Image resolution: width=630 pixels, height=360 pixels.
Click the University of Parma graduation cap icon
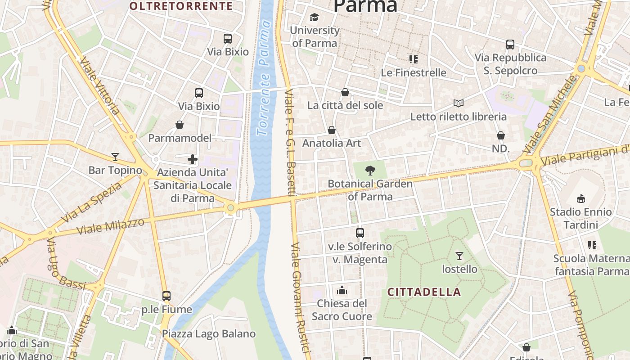tap(314, 17)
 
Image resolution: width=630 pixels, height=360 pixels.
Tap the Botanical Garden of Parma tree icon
tap(370, 170)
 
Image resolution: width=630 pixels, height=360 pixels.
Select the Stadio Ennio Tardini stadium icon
tap(580, 198)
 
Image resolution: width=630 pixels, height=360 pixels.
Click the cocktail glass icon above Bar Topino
tap(115, 157)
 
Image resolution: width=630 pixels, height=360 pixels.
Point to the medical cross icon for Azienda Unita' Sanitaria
tap(193, 159)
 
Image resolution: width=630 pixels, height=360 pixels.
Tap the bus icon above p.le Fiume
tap(166, 296)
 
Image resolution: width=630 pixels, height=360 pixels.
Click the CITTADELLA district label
tap(424, 292)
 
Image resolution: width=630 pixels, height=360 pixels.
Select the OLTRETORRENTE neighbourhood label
tap(181, 6)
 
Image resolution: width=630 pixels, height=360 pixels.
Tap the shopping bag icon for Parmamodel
tap(180, 125)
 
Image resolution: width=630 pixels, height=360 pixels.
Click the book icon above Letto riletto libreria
tap(458, 103)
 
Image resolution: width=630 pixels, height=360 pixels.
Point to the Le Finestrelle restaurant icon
tap(414, 59)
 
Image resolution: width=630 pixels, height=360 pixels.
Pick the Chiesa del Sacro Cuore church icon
tap(342, 290)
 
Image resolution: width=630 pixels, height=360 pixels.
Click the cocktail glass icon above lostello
tap(459, 256)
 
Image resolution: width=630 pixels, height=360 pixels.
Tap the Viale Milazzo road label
tap(111, 226)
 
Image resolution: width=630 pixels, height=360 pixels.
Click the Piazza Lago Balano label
tap(209, 334)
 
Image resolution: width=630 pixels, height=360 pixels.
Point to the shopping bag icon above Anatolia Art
tap(332, 130)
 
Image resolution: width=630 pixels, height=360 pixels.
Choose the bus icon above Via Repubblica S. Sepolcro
tap(510, 45)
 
